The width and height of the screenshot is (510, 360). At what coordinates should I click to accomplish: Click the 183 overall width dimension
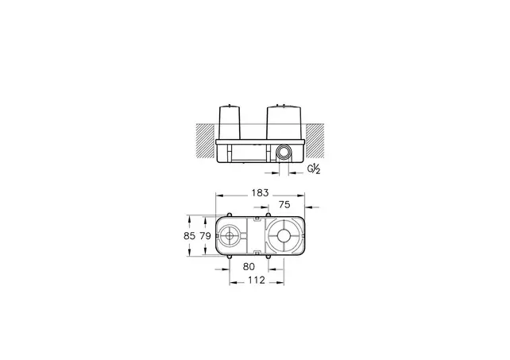click(x=260, y=193)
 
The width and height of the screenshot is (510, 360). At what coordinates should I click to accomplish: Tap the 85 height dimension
click(x=188, y=235)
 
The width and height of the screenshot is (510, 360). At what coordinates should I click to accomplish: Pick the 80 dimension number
click(x=249, y=268)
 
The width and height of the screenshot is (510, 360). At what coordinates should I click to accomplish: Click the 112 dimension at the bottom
click(x=254, y=281)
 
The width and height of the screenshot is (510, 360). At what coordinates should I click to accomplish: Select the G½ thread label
click(x=314, y=168)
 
